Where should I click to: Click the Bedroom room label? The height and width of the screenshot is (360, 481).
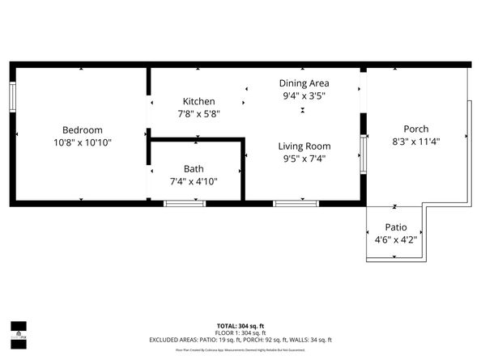click(x=83, y=129)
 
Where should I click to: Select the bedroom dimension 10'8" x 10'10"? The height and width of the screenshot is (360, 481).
click(x=83, y=142)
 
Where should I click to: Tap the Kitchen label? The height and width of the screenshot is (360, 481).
click(x=198, y=101)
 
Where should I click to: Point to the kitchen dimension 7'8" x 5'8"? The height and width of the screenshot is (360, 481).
click(x=198, y=114)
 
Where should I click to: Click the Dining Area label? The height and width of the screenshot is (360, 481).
click(x=304, y=83)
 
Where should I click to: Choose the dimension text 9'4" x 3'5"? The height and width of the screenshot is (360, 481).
click(x=304, y=96)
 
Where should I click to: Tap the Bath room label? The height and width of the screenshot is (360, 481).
click(x=194, y=168)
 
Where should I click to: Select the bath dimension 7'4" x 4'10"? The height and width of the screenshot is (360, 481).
click(x=194, y=181)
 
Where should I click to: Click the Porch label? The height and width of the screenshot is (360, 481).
click(x=416, y=129)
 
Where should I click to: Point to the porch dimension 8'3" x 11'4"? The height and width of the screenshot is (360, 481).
click(x=416, y=142)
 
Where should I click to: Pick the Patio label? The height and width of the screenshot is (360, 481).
click(x=395, y=227)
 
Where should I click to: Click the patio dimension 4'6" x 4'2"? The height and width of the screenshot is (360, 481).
click(x=395, y=240)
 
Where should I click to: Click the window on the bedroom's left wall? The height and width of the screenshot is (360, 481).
click(x=12, y=98)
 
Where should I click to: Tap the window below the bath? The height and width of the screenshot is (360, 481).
click(x=180, y=203)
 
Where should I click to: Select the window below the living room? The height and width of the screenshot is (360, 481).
click(x=289, y=203)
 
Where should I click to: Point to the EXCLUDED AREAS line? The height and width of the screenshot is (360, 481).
click(x=240, y=340)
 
